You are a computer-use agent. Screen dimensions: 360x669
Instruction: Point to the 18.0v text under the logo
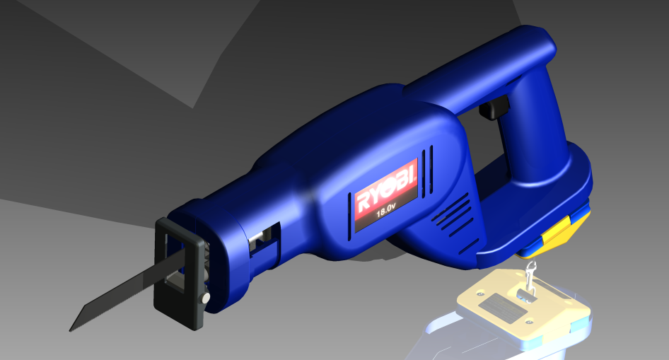pyautogui.click(x=385, y=211)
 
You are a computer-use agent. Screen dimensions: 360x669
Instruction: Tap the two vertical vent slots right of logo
pyautogui.click(x=427, y=170)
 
